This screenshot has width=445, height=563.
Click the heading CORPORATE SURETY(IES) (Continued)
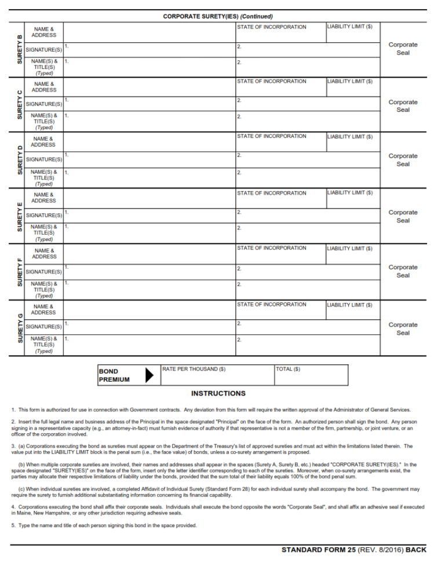217,16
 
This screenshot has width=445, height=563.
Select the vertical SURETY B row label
20,50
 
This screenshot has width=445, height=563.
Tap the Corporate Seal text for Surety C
403,106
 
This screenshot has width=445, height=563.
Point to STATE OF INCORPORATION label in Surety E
271,193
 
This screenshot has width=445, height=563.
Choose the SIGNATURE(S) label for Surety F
44,272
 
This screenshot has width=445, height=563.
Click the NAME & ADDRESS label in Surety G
44,309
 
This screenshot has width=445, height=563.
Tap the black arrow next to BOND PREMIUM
149,375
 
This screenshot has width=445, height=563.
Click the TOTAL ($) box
311,375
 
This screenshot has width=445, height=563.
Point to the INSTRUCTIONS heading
218,393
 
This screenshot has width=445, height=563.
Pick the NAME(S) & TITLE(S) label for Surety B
44,67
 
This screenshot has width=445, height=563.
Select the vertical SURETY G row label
20,328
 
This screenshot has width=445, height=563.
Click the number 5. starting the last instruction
13,525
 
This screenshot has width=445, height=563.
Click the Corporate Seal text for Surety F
403,271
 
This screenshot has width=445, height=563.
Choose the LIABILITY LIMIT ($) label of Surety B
350,27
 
